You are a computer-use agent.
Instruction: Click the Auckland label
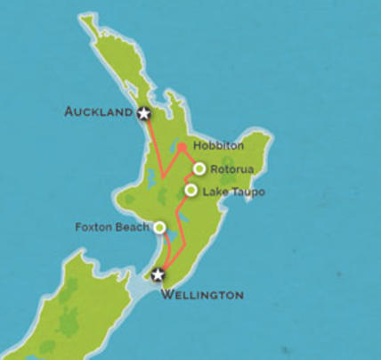(x=99, y=112)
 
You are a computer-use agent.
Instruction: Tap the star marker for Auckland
(x=144, y=113)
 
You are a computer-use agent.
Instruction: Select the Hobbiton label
(x=216, y=144)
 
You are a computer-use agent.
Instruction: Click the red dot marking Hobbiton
(x=181, y=146)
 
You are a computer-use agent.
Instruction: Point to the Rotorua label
(x=236, y=168)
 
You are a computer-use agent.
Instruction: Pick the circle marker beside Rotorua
(x=199, y=168)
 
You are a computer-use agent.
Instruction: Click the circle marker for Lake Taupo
(x=191, y=190)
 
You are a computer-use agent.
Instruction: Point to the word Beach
(x=132, y=227)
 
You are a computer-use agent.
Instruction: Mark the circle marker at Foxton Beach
(x=159, y=227)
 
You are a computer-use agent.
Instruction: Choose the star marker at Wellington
(x=158, y=274)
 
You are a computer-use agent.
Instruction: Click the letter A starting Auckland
(x=69, y=112)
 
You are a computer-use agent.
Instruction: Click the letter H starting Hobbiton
(x=197, y=144)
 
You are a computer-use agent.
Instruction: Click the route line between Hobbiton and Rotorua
(x=190, y=157)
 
